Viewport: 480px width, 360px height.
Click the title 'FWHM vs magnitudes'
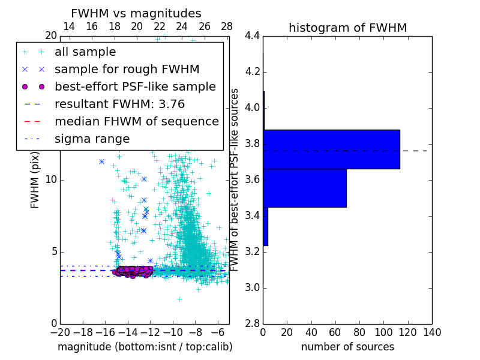click(x=136, y=13)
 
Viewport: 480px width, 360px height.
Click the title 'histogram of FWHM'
click(x=347, y=28)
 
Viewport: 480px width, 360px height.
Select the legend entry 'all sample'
click(x=85, y=52)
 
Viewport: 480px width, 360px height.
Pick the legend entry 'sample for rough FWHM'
click(x=127, y=69)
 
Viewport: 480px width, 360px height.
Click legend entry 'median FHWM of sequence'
click(x=137, y=121)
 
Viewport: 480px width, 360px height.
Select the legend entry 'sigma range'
click(x=92, y=139)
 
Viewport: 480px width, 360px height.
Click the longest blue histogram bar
click(x=331, y=149)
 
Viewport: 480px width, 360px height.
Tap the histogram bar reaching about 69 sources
click(x=305, y=188)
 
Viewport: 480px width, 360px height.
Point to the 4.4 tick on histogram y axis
click(x=252, y=36)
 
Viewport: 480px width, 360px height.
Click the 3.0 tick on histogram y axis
click(x=252, y=287)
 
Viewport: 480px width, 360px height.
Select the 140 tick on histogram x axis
click(x=432, y=333)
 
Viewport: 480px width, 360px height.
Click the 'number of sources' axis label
click(x=347, y=347)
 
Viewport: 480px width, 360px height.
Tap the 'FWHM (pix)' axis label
click(x=35, y=180)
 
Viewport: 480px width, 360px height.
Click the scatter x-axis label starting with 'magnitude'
click(x=145, y=347)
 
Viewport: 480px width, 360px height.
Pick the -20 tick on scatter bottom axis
click(x=60, y=333)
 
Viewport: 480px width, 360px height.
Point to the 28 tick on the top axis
click(x=227, y=26)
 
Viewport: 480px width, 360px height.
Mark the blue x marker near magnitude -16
click(x=102, y=161)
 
